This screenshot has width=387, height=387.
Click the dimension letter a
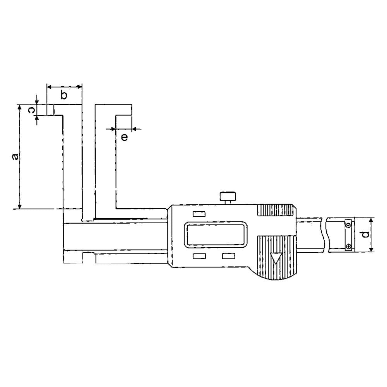15,156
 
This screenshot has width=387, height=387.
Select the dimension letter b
64,95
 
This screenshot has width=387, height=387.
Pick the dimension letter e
125,137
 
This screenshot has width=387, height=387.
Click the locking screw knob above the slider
228,198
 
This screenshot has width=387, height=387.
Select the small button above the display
199,214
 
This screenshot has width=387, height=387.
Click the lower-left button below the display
199,256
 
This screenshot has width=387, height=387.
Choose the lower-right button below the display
228,256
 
